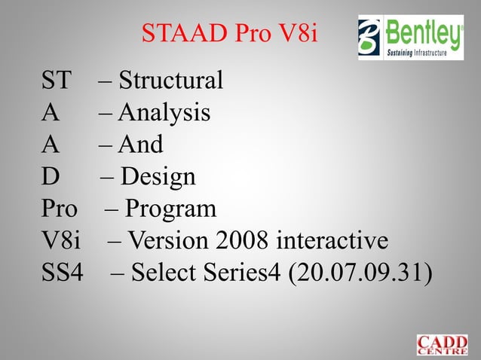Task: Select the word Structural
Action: point(171,80)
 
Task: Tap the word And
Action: point(141,145)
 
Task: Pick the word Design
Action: point(158,177)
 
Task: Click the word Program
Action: point(170,209)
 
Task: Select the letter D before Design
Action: point(50,177)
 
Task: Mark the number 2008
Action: point(244,241)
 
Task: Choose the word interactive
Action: point(332,241)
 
